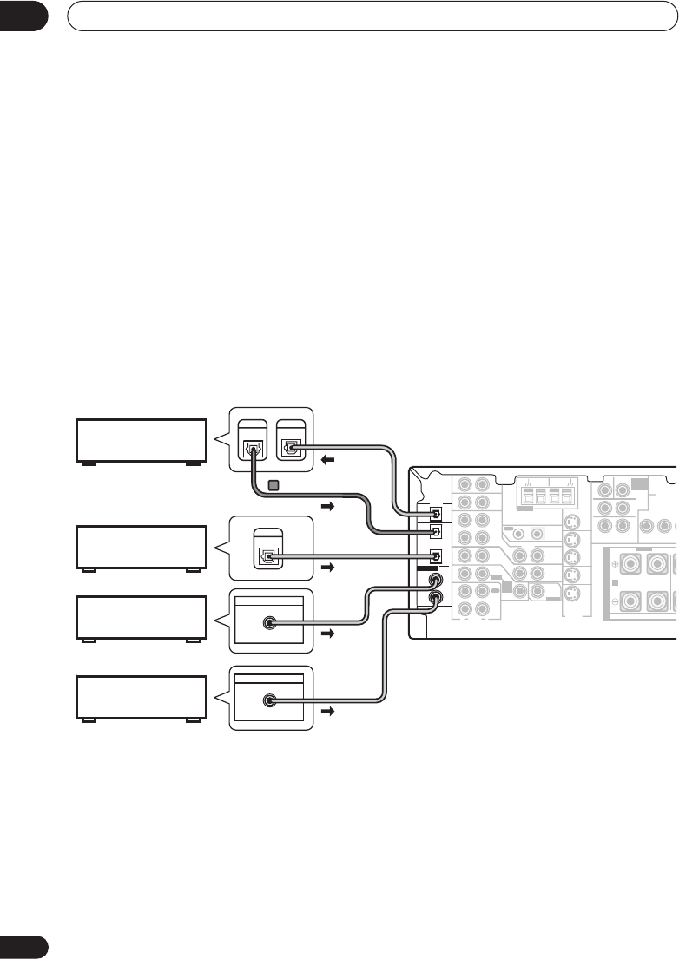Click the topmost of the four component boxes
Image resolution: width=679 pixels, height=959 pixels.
tap(142, 441)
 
